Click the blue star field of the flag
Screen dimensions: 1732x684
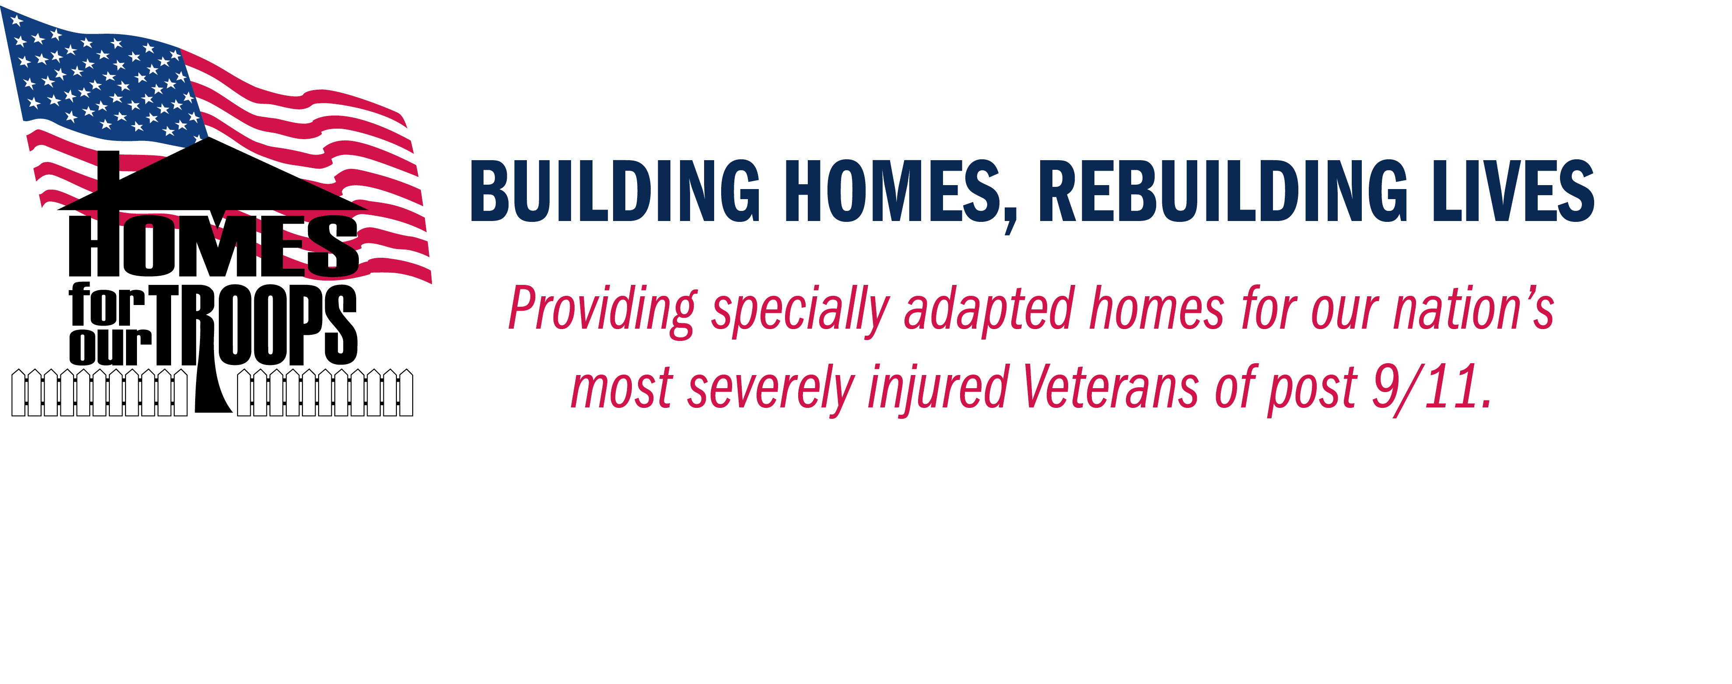(101, 77)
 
